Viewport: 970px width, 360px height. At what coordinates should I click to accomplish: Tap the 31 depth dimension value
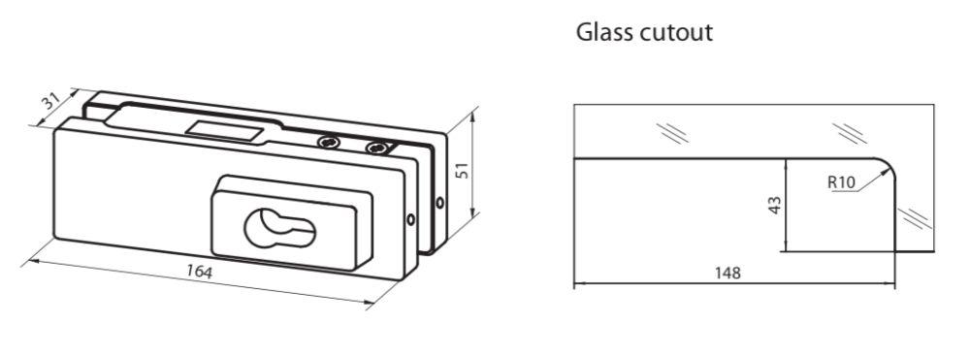pyautogui.click(x=50, y=101)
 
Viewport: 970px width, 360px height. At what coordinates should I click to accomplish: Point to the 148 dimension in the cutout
pyautogui.click(x=727, y=273)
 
